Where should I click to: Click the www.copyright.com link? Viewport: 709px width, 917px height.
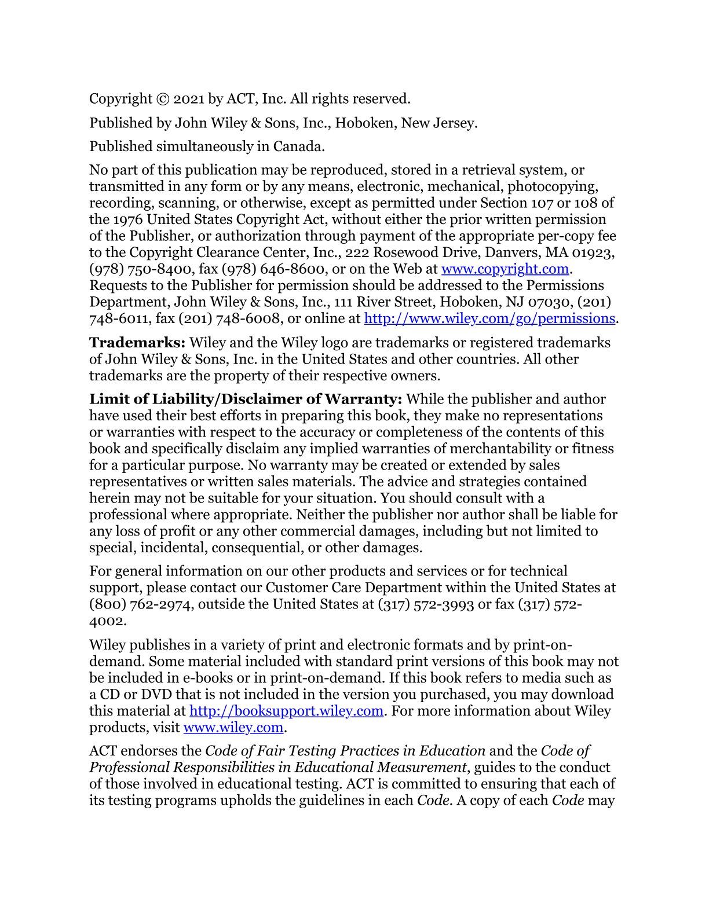(505, 269)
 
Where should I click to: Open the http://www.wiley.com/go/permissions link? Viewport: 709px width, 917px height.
(489, 318)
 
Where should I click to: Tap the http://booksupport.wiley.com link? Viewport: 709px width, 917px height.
(286, 711)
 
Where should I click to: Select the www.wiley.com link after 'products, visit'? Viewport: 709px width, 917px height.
(233, 727)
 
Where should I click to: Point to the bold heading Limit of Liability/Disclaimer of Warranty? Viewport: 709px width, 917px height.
(246, 399)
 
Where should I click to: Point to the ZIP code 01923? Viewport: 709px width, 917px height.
(593, 253)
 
